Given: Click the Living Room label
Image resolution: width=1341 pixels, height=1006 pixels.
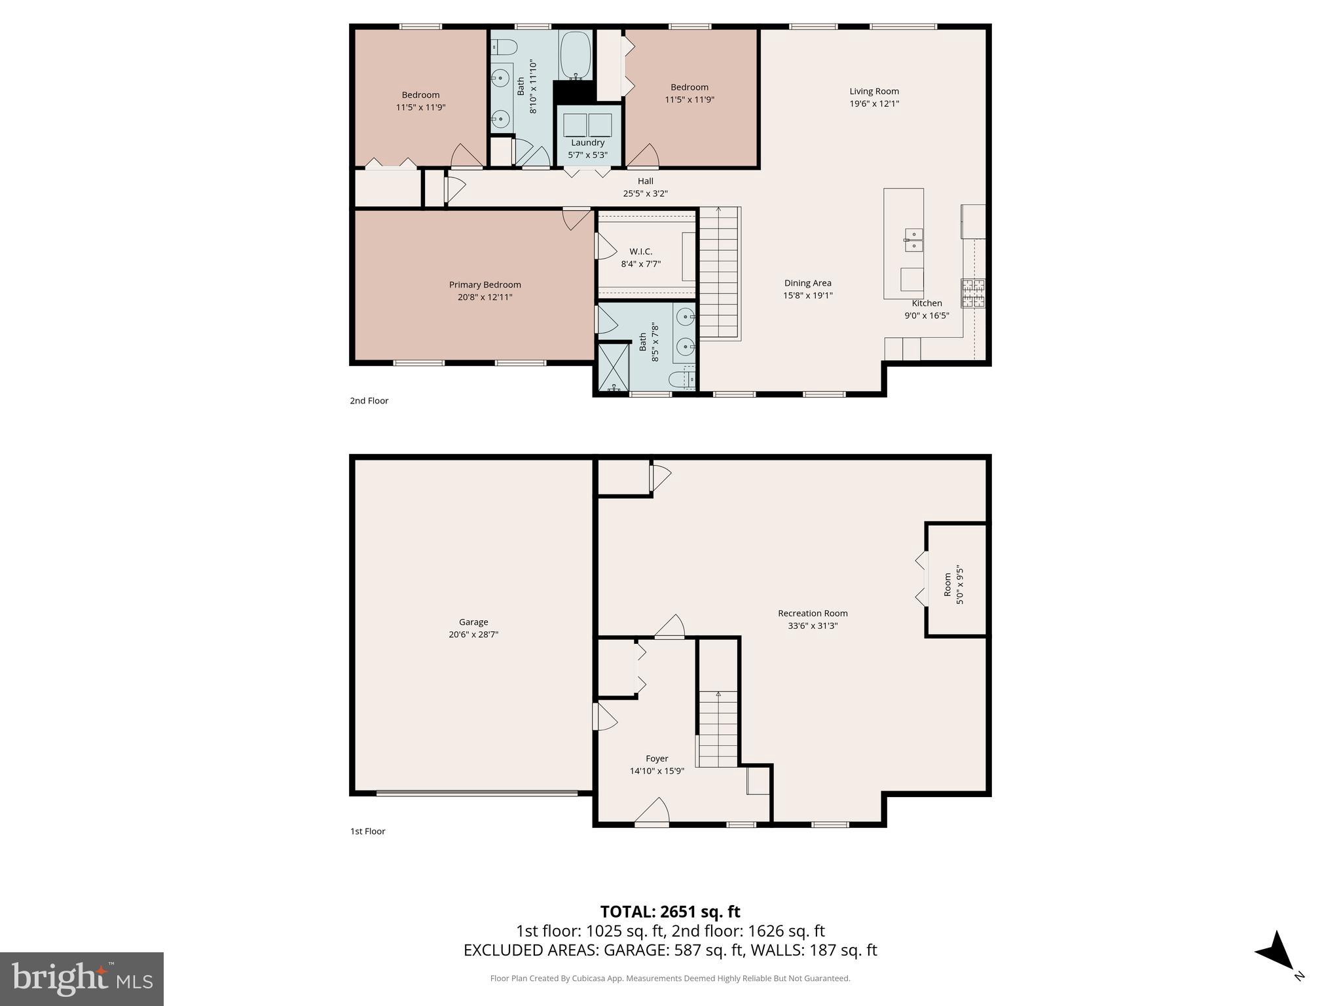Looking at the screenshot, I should [x=874, y=91].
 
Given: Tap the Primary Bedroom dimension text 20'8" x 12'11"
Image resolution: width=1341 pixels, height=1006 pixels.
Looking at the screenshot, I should [x=485, y=297].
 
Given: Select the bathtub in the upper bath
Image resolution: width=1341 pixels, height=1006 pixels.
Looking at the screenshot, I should [x=576, y=55].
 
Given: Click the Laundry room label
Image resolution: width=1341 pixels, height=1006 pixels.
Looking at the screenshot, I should [x=587, y=143].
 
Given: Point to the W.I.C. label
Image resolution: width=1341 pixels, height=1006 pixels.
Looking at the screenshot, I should [x=640, y=251].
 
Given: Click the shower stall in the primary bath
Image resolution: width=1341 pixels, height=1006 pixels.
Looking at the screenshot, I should [x=614, y=367].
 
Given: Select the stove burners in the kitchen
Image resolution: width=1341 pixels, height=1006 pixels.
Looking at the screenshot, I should [x=972, y=293].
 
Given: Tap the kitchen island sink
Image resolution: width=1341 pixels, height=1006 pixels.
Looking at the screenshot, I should [x=913, y=240].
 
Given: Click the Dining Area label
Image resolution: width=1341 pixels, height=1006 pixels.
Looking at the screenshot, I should [x=807, y=283].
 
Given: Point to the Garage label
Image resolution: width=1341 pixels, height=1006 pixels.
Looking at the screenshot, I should [x=473, y=622].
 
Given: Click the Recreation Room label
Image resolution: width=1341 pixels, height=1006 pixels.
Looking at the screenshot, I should [x=813, y=614].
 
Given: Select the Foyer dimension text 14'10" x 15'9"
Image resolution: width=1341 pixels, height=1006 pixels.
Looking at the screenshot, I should [x=657, y=771].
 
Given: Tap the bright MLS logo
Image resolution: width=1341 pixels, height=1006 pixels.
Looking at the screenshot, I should [x=82, y=979].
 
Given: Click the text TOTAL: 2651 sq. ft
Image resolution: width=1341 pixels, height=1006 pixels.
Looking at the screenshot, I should [x=670, y=912].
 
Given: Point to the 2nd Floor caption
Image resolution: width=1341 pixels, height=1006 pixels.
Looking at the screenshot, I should [x=369, y=401].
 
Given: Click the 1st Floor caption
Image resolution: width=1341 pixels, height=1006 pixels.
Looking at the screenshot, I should [x=367, y=831].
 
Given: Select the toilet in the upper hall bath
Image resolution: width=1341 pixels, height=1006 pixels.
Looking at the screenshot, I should [x=504, y=47].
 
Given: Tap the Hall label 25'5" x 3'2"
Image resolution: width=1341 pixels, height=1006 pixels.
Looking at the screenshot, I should [x=645, y=187].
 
